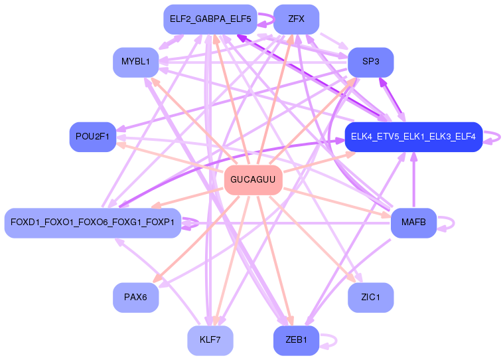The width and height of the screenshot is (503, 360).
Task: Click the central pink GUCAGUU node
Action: coord(253,180)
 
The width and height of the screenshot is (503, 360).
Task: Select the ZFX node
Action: coord(296,19)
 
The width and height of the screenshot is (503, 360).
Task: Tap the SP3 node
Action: coord(370,62)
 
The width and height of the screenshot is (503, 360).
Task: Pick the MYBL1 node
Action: coord(135,62)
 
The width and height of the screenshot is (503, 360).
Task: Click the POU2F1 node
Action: coord(93,137)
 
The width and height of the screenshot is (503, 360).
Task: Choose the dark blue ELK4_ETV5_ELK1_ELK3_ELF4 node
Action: coord(413,137)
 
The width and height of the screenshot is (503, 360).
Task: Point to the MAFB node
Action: coord(413,223)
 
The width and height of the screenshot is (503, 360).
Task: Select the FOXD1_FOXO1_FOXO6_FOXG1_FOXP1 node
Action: coord(93,223)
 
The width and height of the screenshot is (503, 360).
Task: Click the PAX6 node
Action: coord(135,298)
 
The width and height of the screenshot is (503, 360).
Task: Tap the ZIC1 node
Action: coord(370,298)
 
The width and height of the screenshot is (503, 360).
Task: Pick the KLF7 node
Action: coord(210,341)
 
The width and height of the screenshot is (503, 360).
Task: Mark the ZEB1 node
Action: coord(296,341)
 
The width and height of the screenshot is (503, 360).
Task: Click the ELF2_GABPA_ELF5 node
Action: coord(210,19)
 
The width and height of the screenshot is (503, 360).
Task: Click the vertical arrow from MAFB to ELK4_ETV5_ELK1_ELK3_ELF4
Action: coord(414,180)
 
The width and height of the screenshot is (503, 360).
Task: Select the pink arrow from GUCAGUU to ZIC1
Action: coord(313,239)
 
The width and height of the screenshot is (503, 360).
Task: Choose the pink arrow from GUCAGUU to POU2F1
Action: coord(171,157)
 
